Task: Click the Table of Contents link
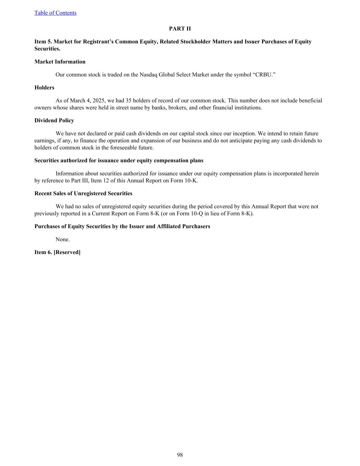coord(55,13)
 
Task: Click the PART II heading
coord(180,29)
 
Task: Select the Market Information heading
coord(60,62)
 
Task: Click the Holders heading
coord(44,88)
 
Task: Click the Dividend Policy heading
coord(54,121)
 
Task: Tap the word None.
coord(62,239)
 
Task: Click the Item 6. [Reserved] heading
coord(57,252)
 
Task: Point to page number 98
coord(180,455)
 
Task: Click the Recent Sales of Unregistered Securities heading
coord(83,194)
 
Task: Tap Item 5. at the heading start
coord(43,42)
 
